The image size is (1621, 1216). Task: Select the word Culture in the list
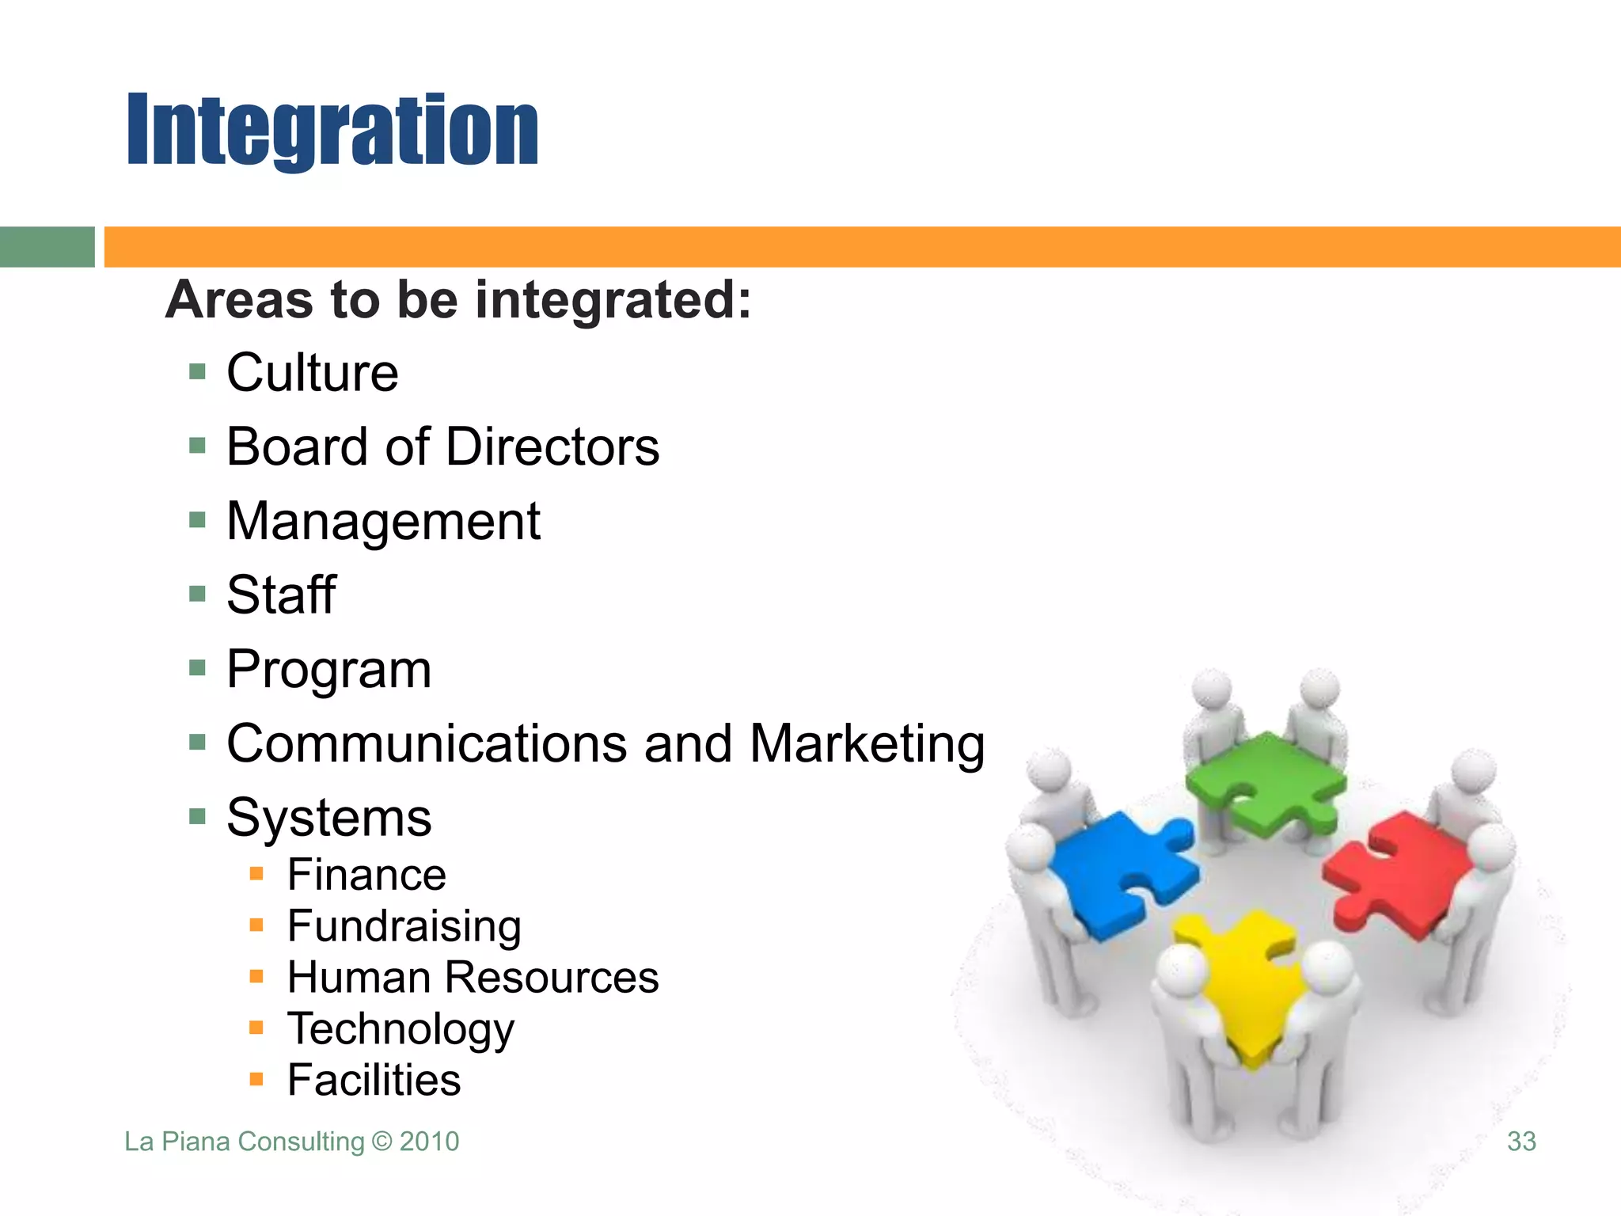[x=313, y=372]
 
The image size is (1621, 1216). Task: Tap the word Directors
[x=552, y=446]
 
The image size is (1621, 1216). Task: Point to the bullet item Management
[x=383, y=521]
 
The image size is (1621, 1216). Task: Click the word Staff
[x=281, y=595]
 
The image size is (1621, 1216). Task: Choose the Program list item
[x=328, y=670]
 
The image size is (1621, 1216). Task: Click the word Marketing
[x=867, y=743]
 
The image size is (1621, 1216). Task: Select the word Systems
[x=328, y=817]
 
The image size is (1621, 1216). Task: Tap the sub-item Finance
[x=366, y=875]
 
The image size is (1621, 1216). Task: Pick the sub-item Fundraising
[x=404, y=926]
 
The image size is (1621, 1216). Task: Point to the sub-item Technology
[x=401, y=1028]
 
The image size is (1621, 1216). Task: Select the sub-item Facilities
[x=374, y=1080]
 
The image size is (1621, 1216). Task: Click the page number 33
[x=1521, y=1142]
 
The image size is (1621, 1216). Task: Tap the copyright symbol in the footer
[x=382, y=1142]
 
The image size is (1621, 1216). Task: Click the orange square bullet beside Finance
[x=256, y=874]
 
